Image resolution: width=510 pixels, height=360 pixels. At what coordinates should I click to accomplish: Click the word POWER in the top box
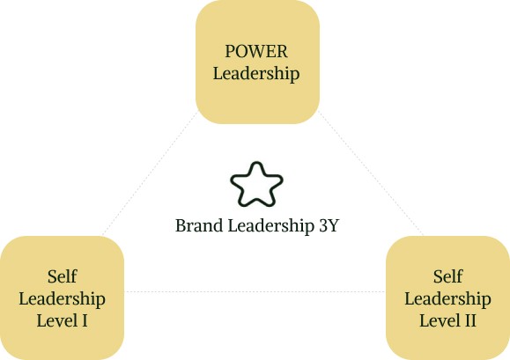pos(256,51)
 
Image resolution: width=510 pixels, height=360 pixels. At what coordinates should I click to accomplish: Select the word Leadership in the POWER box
pos(256,73)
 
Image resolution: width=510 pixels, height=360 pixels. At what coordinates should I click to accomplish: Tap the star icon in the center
pos(256,185)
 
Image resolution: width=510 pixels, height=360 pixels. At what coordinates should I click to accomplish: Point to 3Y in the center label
pos(329,225)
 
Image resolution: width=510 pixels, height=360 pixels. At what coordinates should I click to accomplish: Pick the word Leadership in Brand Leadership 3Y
pos(271,226)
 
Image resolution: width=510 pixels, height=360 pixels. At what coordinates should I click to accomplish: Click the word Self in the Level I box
pos(63,276)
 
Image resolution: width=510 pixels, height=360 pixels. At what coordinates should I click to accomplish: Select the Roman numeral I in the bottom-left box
pos(85,320)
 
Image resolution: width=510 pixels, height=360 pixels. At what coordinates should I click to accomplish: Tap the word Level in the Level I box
pos(57,320)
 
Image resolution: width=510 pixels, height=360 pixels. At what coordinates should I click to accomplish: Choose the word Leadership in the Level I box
pos(63,299)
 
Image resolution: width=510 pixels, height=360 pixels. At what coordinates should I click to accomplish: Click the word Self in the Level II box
pos(447,276)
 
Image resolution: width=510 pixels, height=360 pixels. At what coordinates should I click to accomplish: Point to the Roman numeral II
pos(470,320)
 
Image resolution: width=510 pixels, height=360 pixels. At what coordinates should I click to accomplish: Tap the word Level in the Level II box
pos(440,320)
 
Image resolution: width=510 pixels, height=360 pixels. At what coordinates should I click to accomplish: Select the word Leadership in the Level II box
pos(447,299)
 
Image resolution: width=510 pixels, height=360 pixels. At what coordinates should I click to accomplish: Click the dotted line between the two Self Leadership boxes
pos(255,291)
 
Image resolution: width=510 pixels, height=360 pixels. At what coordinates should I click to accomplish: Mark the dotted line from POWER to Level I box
pos(150,173)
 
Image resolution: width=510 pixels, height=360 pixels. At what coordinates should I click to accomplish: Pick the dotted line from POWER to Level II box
pos(371,173)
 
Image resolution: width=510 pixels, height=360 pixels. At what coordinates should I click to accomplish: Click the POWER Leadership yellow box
pos(257,62)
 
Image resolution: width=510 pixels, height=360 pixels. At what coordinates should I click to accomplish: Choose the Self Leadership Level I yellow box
pos(62,298)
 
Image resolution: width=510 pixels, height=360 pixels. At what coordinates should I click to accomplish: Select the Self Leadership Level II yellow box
pos(447,298)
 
